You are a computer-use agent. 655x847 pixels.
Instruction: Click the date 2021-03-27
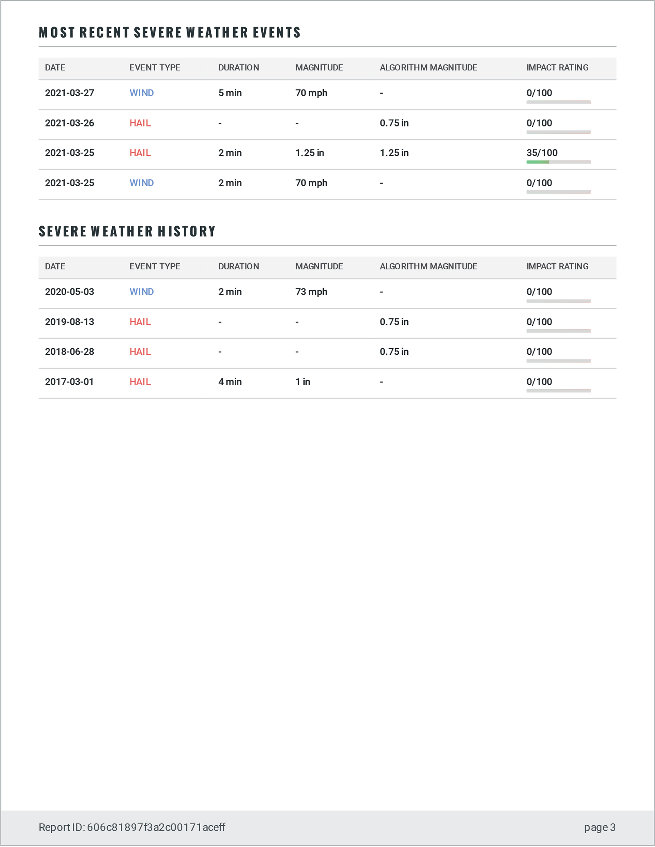point(70,93)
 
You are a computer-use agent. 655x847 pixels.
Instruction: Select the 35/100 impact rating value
point(542,153)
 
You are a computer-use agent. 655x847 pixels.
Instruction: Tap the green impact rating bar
point(538,162)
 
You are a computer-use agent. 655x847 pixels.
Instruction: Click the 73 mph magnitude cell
point(311,292)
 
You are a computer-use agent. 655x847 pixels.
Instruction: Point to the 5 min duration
point(230,93)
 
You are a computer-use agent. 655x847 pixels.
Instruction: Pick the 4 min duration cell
point(230,382)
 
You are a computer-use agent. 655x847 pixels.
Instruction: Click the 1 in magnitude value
point(303,382)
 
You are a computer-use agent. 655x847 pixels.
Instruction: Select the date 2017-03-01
point(70,382)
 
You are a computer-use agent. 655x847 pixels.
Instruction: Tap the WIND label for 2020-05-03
point(142,292)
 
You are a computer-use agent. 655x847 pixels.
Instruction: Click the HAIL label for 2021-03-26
point(140,123)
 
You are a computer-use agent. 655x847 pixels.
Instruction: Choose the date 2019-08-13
point(70,322)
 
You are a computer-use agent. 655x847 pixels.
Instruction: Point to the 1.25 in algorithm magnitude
point(394,153)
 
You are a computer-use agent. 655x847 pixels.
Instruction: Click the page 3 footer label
point(600,827)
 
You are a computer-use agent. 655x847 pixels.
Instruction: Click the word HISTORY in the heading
point(187,232)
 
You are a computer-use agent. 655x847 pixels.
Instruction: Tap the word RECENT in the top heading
point(104,33)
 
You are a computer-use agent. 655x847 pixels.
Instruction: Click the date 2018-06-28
point(70,352)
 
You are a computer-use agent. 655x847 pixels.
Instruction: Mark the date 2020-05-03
point(70,292)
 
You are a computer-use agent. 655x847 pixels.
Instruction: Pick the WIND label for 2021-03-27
point(142,93)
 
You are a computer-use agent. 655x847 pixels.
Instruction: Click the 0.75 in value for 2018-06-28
point(394,352)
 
